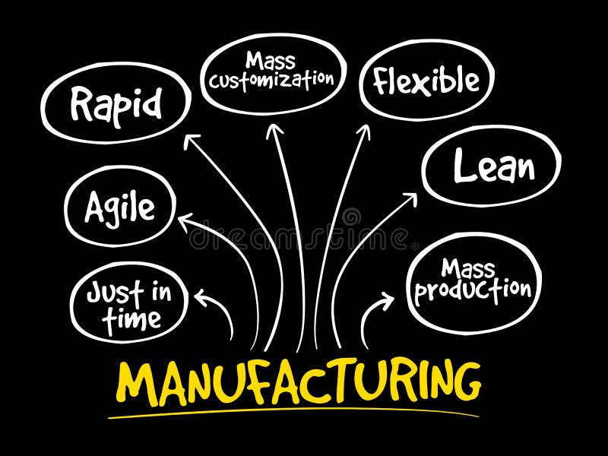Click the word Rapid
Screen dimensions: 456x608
pyautogui.click(x=116, y=104)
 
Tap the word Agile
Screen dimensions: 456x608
pyautogui.click(x=119, y=207)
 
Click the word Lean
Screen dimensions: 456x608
pyautogui.click(x=493, y=166)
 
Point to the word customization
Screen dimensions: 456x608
pyautogui.click(x=271, y=79)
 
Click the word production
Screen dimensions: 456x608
pyautogui.click(x=473, y=290)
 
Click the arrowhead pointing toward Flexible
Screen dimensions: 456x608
pyautogui.click(x=364, y=131)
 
